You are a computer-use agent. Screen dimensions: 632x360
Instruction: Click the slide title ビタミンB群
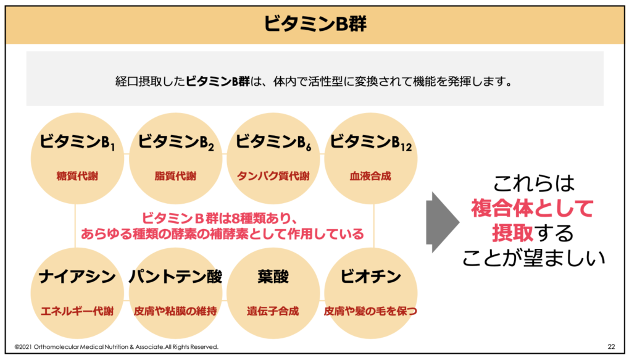click(x=315, y=23)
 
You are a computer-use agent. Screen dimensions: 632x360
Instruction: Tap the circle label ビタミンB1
click(x=77, y=142)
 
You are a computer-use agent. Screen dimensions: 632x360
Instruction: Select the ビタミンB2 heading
click(x=176, y=142)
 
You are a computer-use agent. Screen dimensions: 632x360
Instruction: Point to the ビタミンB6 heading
click(x=273, y=142)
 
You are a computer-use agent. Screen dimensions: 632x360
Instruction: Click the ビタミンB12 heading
click(x=371, y=142)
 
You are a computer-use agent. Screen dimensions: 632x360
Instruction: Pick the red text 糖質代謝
click(x=77, y=176)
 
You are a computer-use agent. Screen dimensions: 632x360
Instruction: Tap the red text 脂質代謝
click(x=175, y=176)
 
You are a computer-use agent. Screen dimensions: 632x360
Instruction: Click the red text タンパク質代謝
click(x=273, y=176)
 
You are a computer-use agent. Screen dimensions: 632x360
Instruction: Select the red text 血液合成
click(x=370, y=176)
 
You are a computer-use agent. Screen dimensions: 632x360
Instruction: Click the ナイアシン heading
click(x=77, y=277)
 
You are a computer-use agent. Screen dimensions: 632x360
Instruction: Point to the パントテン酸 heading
click(x=175, y=277)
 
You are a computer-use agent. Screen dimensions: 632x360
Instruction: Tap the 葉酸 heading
click(x=273, y=277)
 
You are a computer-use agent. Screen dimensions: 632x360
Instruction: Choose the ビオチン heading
click(x=370, y=277)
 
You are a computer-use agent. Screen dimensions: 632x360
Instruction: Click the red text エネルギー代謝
click(x=77, y=311)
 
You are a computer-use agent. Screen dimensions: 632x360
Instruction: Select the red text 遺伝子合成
click(x=273, y=311)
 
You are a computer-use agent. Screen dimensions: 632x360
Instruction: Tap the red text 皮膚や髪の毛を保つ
click(x=370, y=311)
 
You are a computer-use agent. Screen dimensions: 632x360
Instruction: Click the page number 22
click(x=612, y=346)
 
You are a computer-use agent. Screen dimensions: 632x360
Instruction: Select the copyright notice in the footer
click(x=117, y=346)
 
